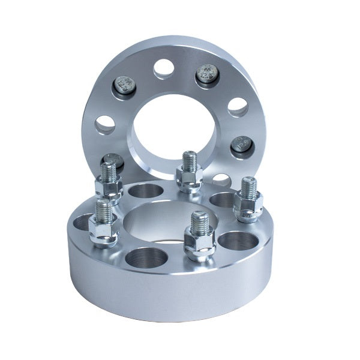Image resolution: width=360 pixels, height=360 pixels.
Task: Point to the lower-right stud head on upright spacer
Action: [x=241, y=144]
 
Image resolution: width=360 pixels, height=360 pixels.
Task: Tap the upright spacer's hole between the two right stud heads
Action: [x=238, y=106]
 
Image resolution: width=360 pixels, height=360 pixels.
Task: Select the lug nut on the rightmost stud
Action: [x=246, y=207]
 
